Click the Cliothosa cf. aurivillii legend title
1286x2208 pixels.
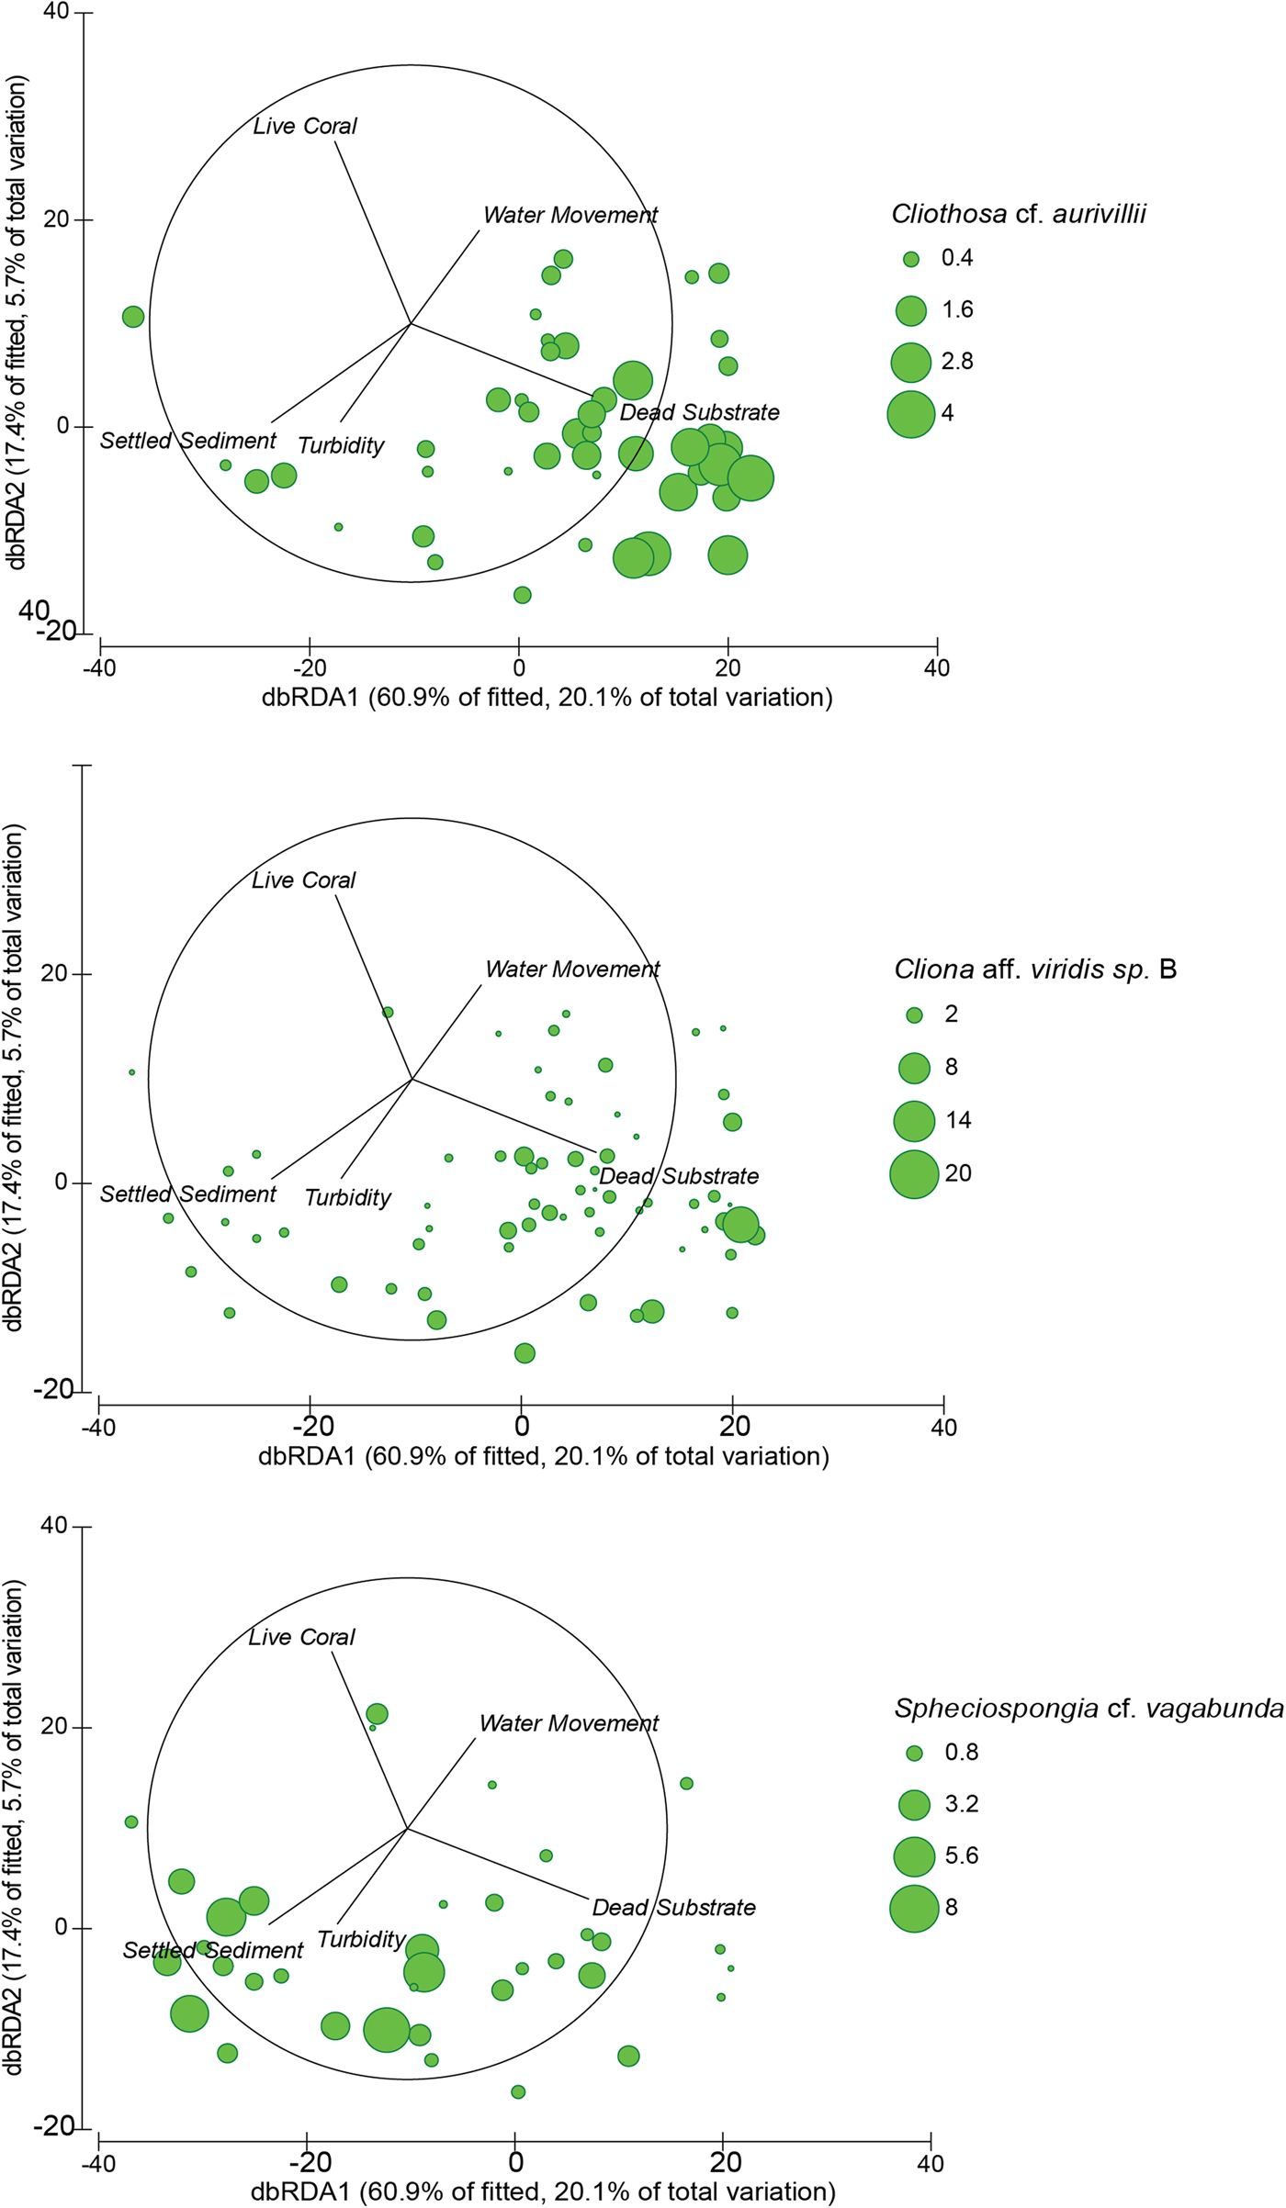click(x=1018, y=215)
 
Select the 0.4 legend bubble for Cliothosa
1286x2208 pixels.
click(x=911, y=260)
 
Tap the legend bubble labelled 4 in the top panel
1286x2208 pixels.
click(x=911, y=414)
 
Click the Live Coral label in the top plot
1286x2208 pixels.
click(x=305, y=127)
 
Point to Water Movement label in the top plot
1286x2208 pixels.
click(x=570, y=216)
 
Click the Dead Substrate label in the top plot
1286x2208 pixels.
click(x=699, y=413)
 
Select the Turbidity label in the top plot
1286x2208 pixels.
click(x=341, y=446)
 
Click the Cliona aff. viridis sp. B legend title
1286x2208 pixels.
click(x=1035, y=970)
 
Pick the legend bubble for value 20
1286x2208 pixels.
click(x=915, y=1174)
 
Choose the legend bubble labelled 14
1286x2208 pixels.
click(x=915, y=1121)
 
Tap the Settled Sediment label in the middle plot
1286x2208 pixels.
click(x=188, y=1194)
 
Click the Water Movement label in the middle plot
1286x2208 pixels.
click(x=572, y=970)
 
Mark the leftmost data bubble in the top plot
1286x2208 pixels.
click(x=133, y=317)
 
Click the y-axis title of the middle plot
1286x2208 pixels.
click(x=15, y=1078)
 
